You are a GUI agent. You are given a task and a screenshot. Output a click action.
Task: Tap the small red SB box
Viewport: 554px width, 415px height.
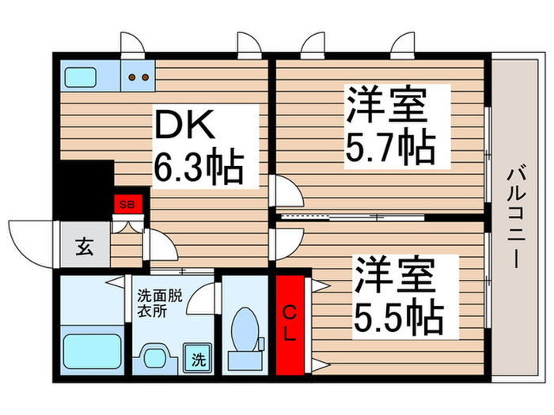click(x=127, y=203)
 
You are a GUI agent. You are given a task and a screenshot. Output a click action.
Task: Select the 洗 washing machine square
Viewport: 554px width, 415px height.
click(x=195, y=360)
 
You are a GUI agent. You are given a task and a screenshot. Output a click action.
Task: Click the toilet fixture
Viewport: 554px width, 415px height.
click(x=244, y=332)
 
